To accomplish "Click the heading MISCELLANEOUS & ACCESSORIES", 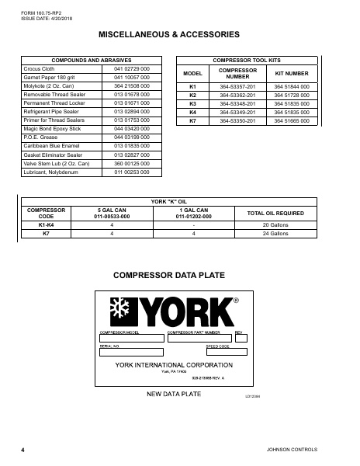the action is tap(179, 35).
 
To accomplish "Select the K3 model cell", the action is tap(193, 103).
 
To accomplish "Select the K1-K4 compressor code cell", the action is tap(47, 224).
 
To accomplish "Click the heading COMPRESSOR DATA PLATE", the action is tap(179, 275).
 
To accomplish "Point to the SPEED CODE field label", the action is tap(217, 345).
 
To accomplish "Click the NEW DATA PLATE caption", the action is tap(174, 395).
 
